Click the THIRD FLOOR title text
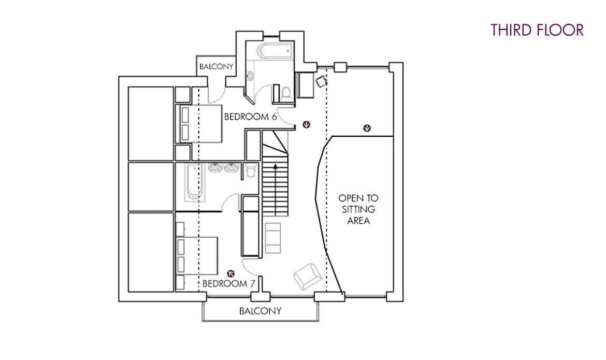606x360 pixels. point(537,30)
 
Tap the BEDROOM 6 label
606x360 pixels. point(250,117)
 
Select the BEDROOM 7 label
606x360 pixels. point(228,283)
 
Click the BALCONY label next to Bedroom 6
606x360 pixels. point(217,67)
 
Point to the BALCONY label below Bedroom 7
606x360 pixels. point(260,311)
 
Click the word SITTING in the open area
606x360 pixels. point(358,209)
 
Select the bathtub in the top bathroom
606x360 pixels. point(275,51)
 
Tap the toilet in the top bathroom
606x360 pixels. point(285,92)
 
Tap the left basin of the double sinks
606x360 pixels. point(215,168)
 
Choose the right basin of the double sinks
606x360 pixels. point(230,168)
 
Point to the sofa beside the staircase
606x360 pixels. point(272,238)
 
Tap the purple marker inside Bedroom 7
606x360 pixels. point(230,271)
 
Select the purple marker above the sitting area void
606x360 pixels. point(367,128)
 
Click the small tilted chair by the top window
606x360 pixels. point(322,81)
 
